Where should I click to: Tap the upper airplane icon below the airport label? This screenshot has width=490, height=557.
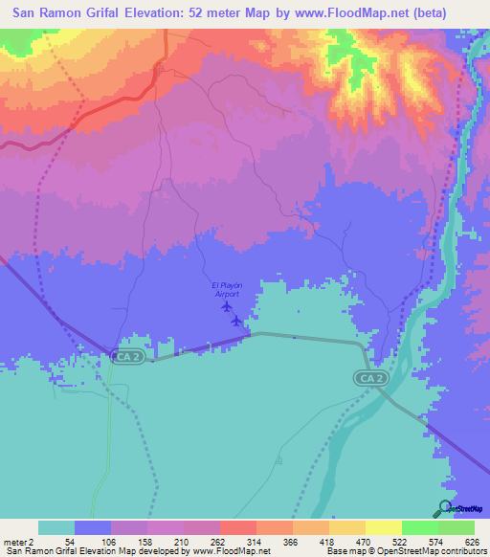(x=226, y=307)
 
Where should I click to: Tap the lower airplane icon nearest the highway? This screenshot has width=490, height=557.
(x=236, y=321)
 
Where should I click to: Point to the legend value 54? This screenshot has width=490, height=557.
(x=69, y=541)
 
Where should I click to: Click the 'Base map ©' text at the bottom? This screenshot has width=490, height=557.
(x=345, y=551)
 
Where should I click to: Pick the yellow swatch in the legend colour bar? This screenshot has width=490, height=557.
(x=382, y=527)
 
